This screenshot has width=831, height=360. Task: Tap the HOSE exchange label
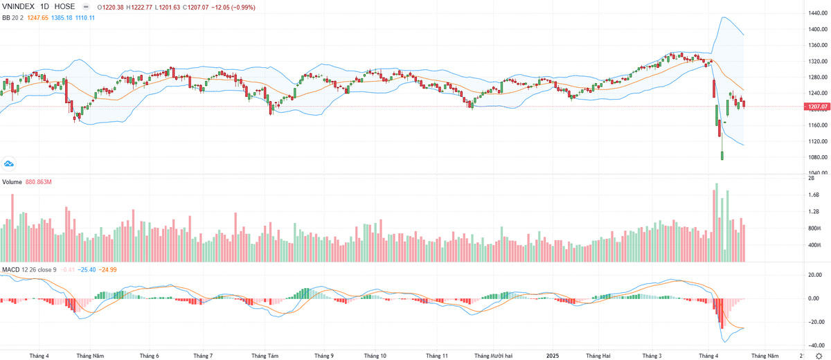pyautogui.click(x=64, y=6)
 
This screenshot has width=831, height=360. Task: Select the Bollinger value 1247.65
pyautogui.click(x=38, y=17)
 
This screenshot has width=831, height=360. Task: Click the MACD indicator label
pyautogui.click(x=10, y=269)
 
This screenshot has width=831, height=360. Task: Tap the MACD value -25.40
pyautogui.click(x=87, y=269)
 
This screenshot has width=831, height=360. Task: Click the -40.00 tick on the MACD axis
pyautogui.click(x=814, y=345)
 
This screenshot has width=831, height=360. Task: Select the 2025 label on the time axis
pyautogui.click(x=552, y=356)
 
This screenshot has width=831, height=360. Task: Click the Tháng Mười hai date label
pyautogui.click(x=493, y=356)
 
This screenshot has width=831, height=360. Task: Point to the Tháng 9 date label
pyautogui.click(x=323, y=356)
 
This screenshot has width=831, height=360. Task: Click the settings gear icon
pyautogui.click(x=819, y=356)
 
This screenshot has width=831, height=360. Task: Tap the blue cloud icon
pyautogui.click(x=10, y=163)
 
